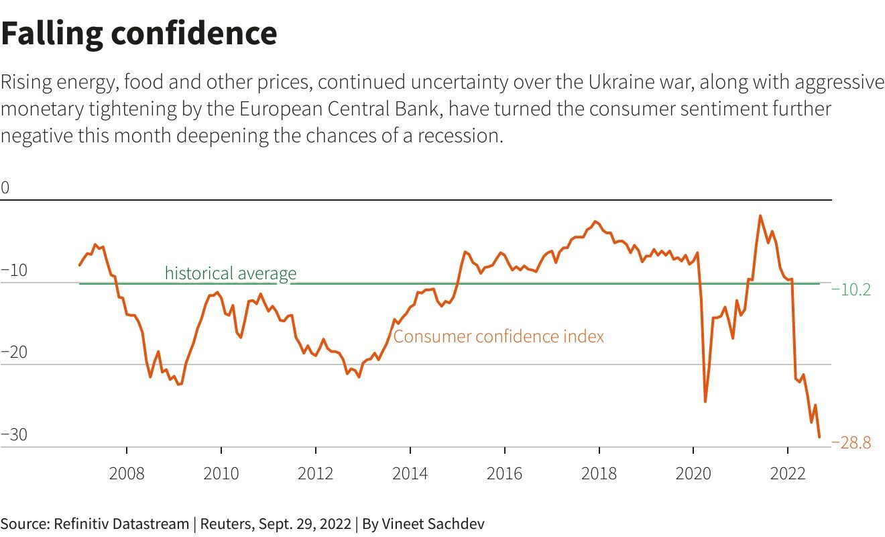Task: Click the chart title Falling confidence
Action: pos(139,34)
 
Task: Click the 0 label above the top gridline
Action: pos(5,188)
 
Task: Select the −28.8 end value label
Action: pos(851,443)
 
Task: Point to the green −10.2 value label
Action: pos(851,290)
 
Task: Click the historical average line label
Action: pos(230,273)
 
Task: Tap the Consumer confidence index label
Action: pos(498,336)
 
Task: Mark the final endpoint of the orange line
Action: pos(819,437)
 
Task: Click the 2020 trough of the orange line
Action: pos(705,401)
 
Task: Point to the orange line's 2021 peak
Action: pos(760,216)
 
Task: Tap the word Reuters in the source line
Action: pos(225,524)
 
